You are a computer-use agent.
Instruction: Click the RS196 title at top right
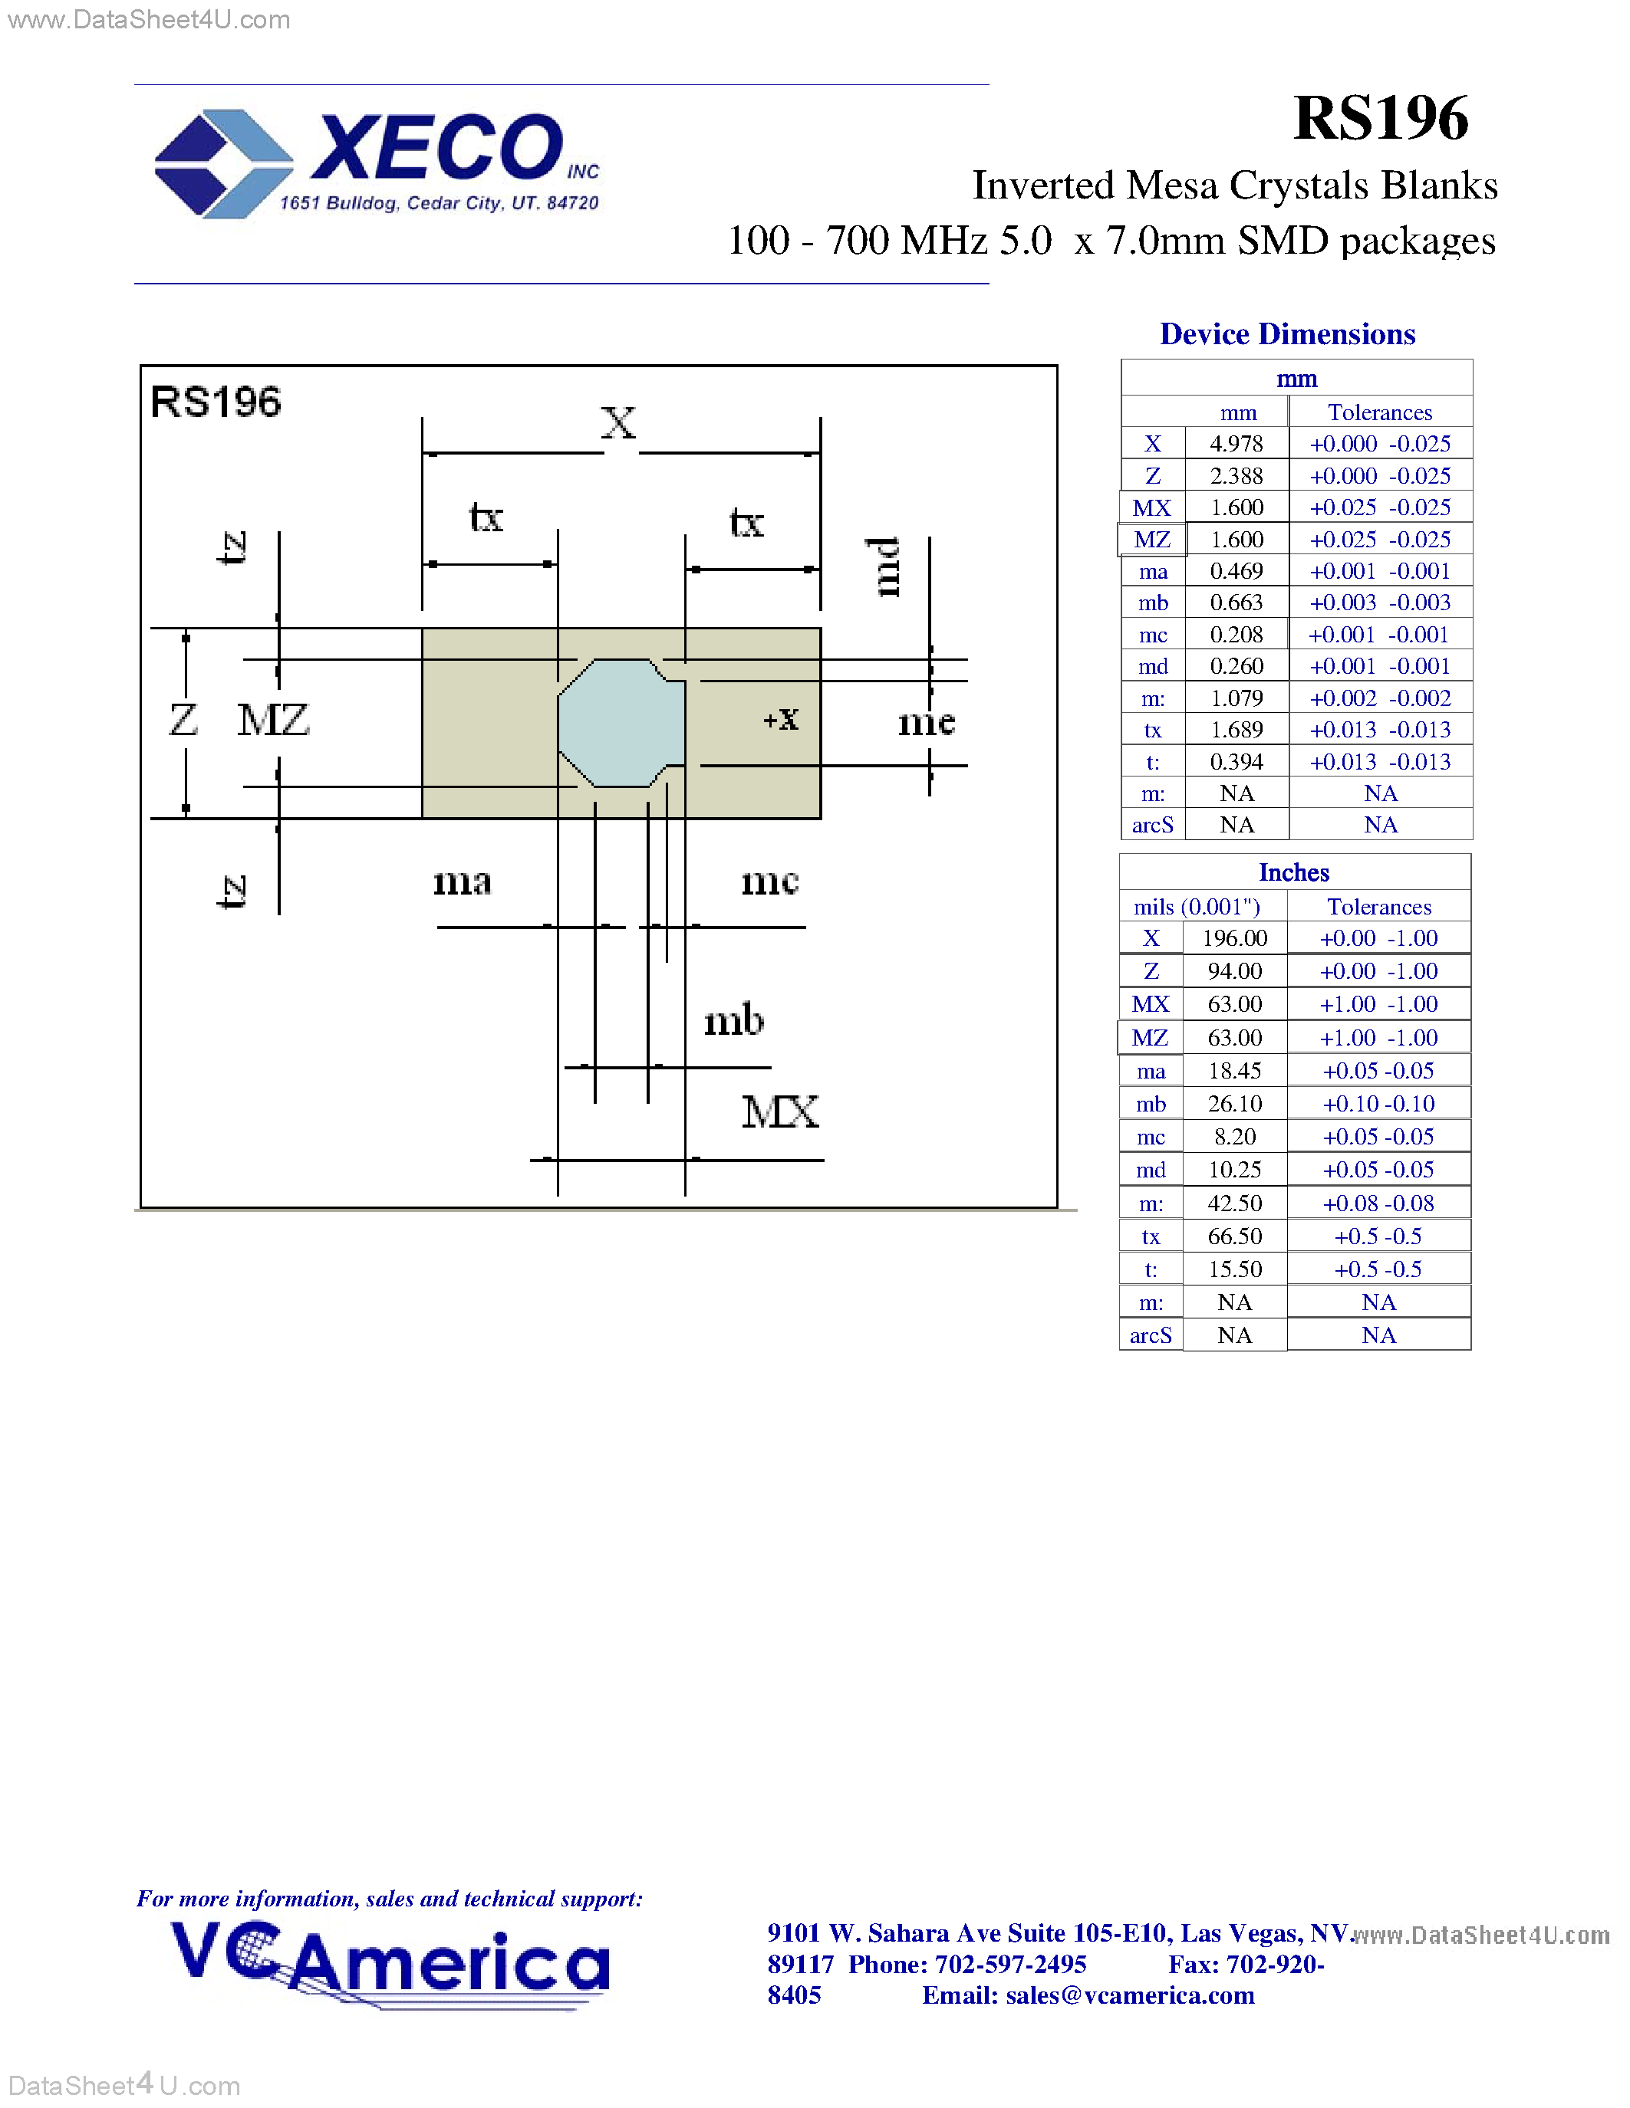1380,118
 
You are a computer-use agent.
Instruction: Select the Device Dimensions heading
1287,334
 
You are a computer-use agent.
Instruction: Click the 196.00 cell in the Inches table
1234,938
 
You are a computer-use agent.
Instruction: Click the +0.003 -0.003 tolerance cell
1380,603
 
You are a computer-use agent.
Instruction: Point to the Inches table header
1294,872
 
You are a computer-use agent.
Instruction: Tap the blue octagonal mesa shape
621,722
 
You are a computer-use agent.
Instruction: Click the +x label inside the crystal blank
780,718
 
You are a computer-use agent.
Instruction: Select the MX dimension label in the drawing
779,1112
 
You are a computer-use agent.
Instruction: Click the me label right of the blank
926,722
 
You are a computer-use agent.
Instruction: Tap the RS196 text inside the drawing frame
216,402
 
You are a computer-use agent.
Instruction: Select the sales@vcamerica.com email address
1130,1995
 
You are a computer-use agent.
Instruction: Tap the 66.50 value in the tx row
1234,1236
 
